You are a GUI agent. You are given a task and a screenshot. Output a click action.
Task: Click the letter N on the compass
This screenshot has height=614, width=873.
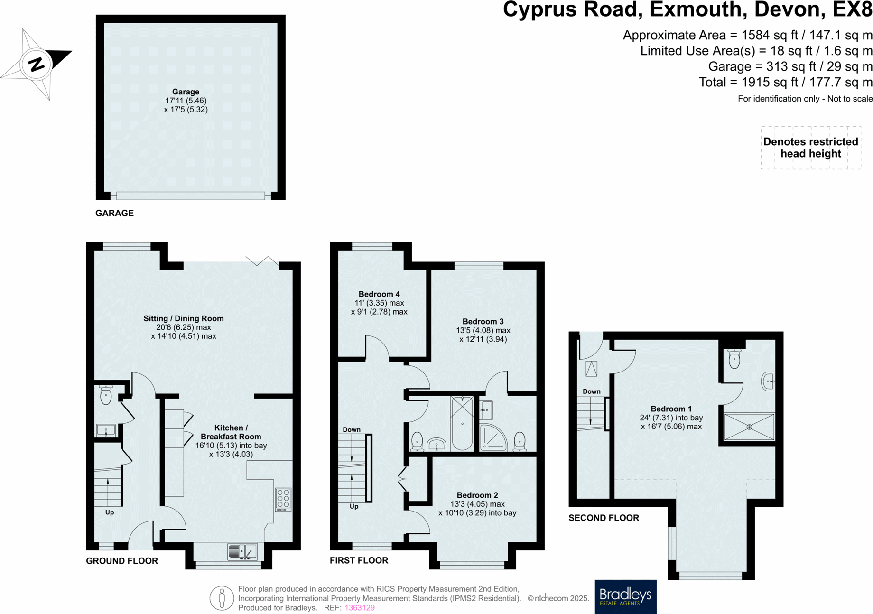tap(37, 64)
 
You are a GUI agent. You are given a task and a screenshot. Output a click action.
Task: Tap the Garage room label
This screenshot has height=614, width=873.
tap(186, 92)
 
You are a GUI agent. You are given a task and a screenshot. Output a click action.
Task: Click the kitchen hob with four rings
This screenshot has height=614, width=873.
tap(283, 500)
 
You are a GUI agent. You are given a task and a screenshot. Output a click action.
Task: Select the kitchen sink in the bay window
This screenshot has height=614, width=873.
tap(242, 551)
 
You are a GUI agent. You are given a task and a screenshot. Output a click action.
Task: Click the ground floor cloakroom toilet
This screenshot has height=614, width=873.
tap(106, 395)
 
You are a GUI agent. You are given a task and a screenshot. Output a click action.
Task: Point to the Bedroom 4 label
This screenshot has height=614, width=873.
tap(379, 294)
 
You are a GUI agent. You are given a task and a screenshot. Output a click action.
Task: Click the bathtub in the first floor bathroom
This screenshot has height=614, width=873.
tap(462, 423)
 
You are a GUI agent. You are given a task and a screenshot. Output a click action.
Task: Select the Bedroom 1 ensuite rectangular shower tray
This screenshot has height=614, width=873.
tap(749, 427)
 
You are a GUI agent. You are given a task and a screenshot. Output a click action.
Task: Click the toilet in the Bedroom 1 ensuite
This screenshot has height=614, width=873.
tap(734, 359)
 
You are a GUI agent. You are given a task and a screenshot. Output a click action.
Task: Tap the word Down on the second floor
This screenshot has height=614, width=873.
tap(591, 391)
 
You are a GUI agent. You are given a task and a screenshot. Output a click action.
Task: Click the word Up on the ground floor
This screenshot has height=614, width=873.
tap(110, 512)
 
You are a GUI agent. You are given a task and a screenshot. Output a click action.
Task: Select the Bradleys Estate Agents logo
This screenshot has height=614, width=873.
tap(625, 596)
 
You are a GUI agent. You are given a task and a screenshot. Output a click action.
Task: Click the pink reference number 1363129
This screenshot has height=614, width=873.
tap(360, 608)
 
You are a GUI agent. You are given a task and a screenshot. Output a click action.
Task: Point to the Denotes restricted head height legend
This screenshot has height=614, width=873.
tap(810, 148)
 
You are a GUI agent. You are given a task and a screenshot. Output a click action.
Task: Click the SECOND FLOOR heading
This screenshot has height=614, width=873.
tap(604, 518)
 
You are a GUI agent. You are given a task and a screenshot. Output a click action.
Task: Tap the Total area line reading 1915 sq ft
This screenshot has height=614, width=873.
tap(785, 82)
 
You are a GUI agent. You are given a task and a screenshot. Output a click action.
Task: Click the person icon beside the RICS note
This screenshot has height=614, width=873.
tap(222, 598)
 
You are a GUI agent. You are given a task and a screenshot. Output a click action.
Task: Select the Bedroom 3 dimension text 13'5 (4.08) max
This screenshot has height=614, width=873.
tap(483, 330)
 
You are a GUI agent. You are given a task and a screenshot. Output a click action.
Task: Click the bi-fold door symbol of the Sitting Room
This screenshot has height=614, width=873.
tap(262, 260)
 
